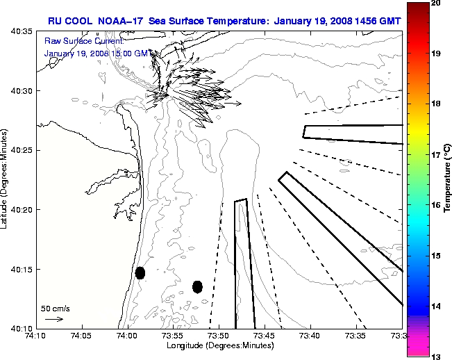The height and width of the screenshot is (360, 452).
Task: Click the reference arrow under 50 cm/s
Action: pos(53,319)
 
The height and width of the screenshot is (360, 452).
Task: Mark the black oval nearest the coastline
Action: pos(140,272)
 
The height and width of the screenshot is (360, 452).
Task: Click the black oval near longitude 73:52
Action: pos(198,286)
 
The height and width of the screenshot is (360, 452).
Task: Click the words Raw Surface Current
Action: pos(76,42)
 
